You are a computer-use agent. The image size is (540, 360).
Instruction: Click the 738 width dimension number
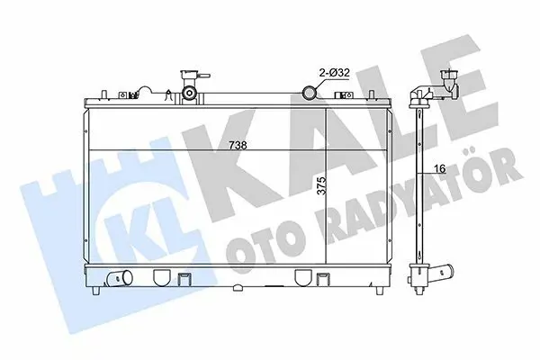pos(238,146)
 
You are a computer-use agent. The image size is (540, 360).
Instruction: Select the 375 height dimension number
pos(321,185)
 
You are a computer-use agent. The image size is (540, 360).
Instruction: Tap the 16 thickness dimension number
pos(440,168)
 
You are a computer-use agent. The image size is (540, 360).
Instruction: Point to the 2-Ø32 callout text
pos(334,73)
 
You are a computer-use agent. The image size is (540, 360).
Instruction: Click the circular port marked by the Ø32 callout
pos(309,92)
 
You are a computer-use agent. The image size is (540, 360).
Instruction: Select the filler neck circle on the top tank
pos(189,93)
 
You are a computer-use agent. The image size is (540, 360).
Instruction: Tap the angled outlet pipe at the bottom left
pos(120,278)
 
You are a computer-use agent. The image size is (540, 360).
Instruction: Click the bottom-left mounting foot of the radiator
pos(96,291)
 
